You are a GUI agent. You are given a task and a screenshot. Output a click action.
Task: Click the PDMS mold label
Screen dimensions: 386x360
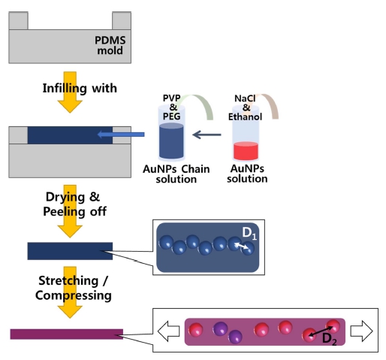click(x=110, y=45)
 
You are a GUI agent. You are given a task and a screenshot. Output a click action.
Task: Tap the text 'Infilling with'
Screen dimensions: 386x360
click(x=80, y=88)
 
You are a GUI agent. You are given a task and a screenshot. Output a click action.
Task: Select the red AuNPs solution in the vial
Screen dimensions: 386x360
click(x=246, y=150)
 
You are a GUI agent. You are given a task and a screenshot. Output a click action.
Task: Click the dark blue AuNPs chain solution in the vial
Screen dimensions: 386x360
click(x=171, y=141)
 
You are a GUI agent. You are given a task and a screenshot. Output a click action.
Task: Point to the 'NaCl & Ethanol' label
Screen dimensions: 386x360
click(x=245, y=107)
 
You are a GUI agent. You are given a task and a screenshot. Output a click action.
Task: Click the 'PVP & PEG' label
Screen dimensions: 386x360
click(x=172, y=107)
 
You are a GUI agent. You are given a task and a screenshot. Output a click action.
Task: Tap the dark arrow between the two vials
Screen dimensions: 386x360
click(x=207, y=135)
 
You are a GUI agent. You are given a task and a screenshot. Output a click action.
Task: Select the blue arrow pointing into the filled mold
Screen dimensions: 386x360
click(x=121, y=135)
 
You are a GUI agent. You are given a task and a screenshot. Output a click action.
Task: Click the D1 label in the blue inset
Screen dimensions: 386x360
click(x=249, y=233)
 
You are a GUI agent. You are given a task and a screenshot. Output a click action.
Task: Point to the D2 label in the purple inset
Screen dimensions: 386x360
click(x=329, y=339)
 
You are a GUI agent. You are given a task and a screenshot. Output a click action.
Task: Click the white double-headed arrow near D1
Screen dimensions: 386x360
click(x=241, y=246)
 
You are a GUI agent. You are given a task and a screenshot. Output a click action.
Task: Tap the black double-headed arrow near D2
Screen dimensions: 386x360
click(x=321, y=331)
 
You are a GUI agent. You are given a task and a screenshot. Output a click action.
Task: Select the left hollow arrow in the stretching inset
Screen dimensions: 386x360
click(x=168, y=331)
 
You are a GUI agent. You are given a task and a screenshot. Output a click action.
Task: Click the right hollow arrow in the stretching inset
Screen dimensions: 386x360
click(x=361, y=331)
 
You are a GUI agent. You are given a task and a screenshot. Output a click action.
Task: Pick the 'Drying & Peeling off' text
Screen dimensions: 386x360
click(x=74, y=204)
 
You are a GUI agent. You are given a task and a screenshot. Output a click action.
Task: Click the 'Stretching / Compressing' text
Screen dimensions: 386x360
click(x=73, y=288)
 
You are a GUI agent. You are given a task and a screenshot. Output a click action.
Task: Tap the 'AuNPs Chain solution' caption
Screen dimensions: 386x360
click(x=176, y=174)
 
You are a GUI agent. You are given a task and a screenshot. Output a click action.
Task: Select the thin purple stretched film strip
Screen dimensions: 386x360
click(x=67, y=334)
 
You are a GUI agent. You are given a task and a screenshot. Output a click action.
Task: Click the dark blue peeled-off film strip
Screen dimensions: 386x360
click(x=70, y=251)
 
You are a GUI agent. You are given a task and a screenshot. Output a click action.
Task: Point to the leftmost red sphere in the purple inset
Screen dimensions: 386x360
click(x=195, y=329)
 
